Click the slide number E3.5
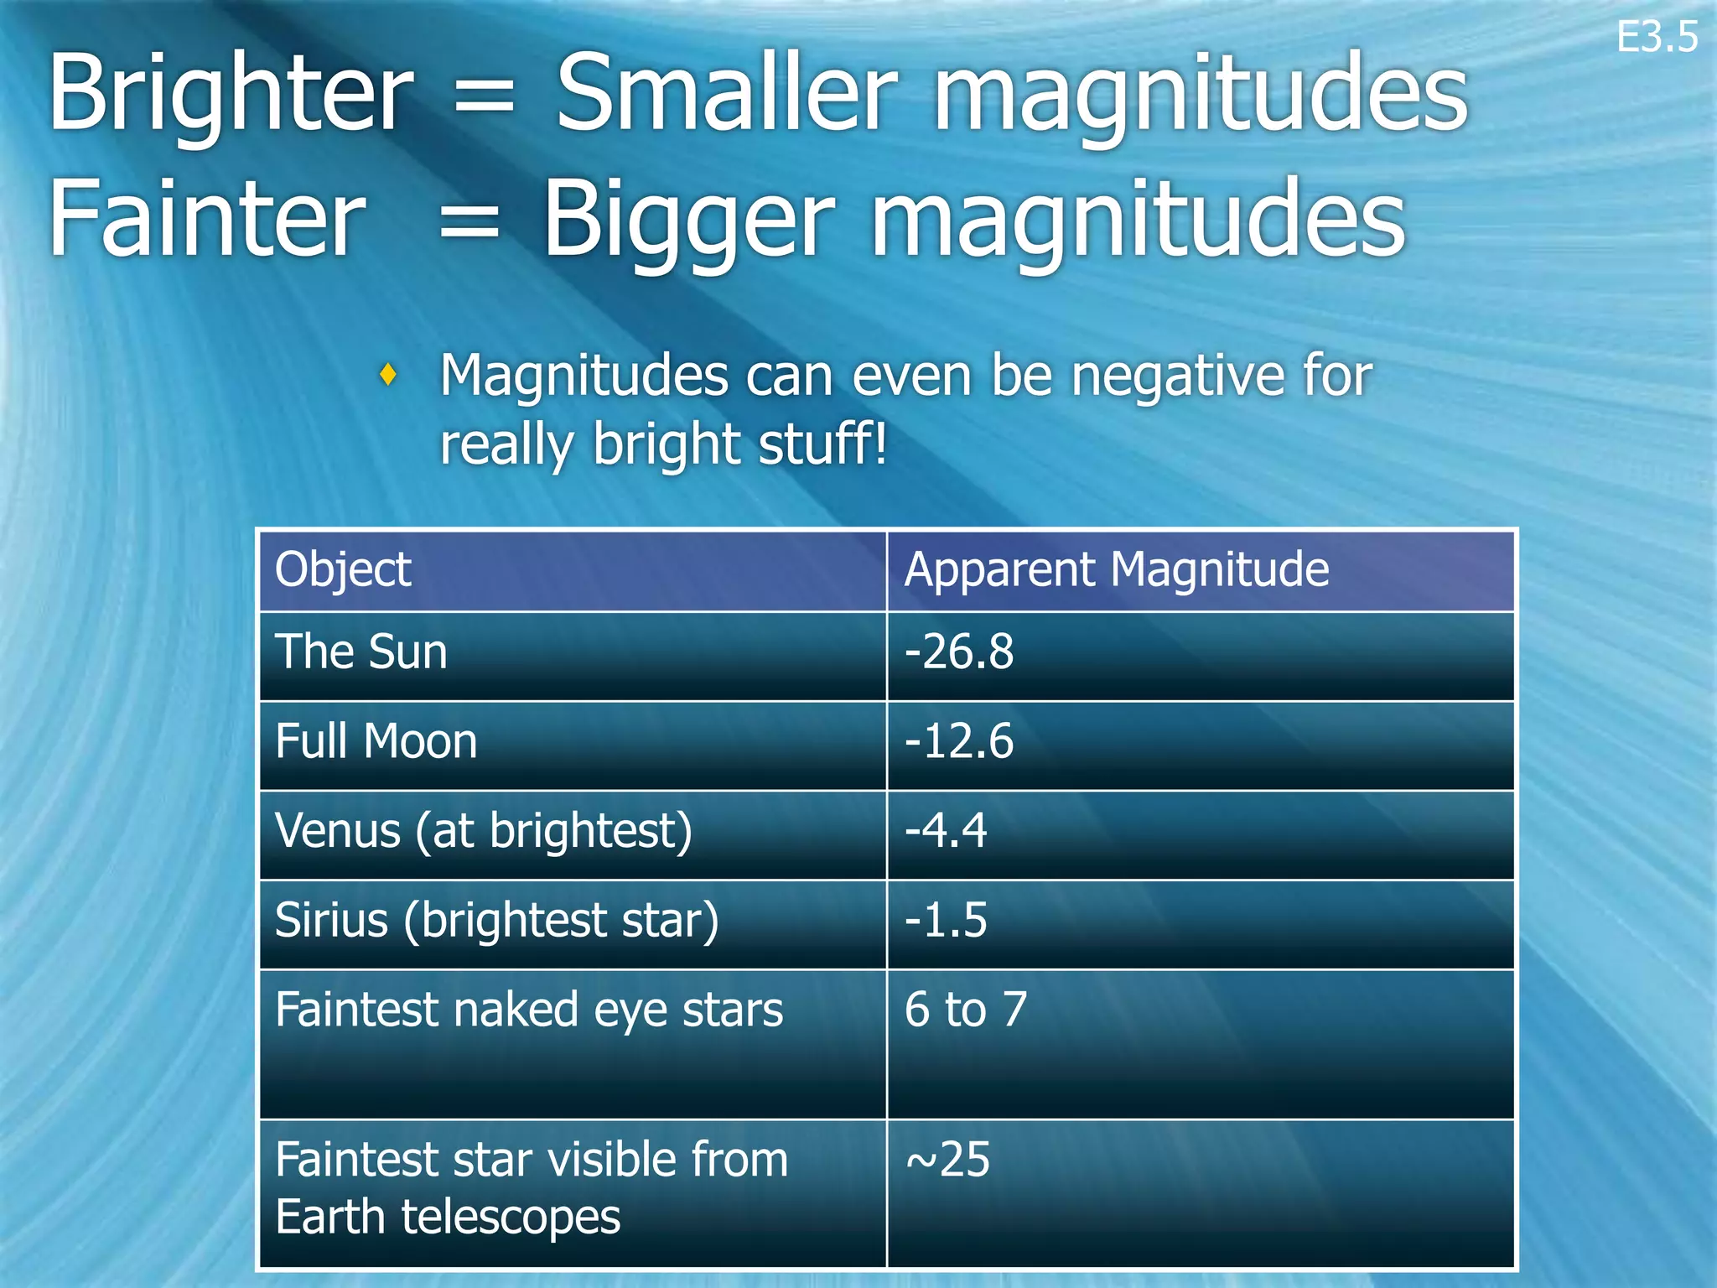(x=1656, y=38)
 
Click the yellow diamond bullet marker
(x=387, y=374)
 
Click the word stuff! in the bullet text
(x=822, y=444)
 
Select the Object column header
(x=343, y=570)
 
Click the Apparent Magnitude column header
(x=1116, y=570)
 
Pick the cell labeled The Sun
(x=361, y=652)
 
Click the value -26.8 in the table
(x=959, y=652)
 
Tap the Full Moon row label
(x=376, y=741)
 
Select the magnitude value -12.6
(x=959, y=741)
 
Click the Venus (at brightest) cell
(x=484, y=831)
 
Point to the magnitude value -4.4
(x=946, y=831)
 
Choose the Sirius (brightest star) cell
(x=497, y=920)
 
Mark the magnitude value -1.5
(x=946, y=920)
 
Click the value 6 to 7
(x=966, y=1010)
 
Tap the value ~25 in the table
(x=947, y=1160)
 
